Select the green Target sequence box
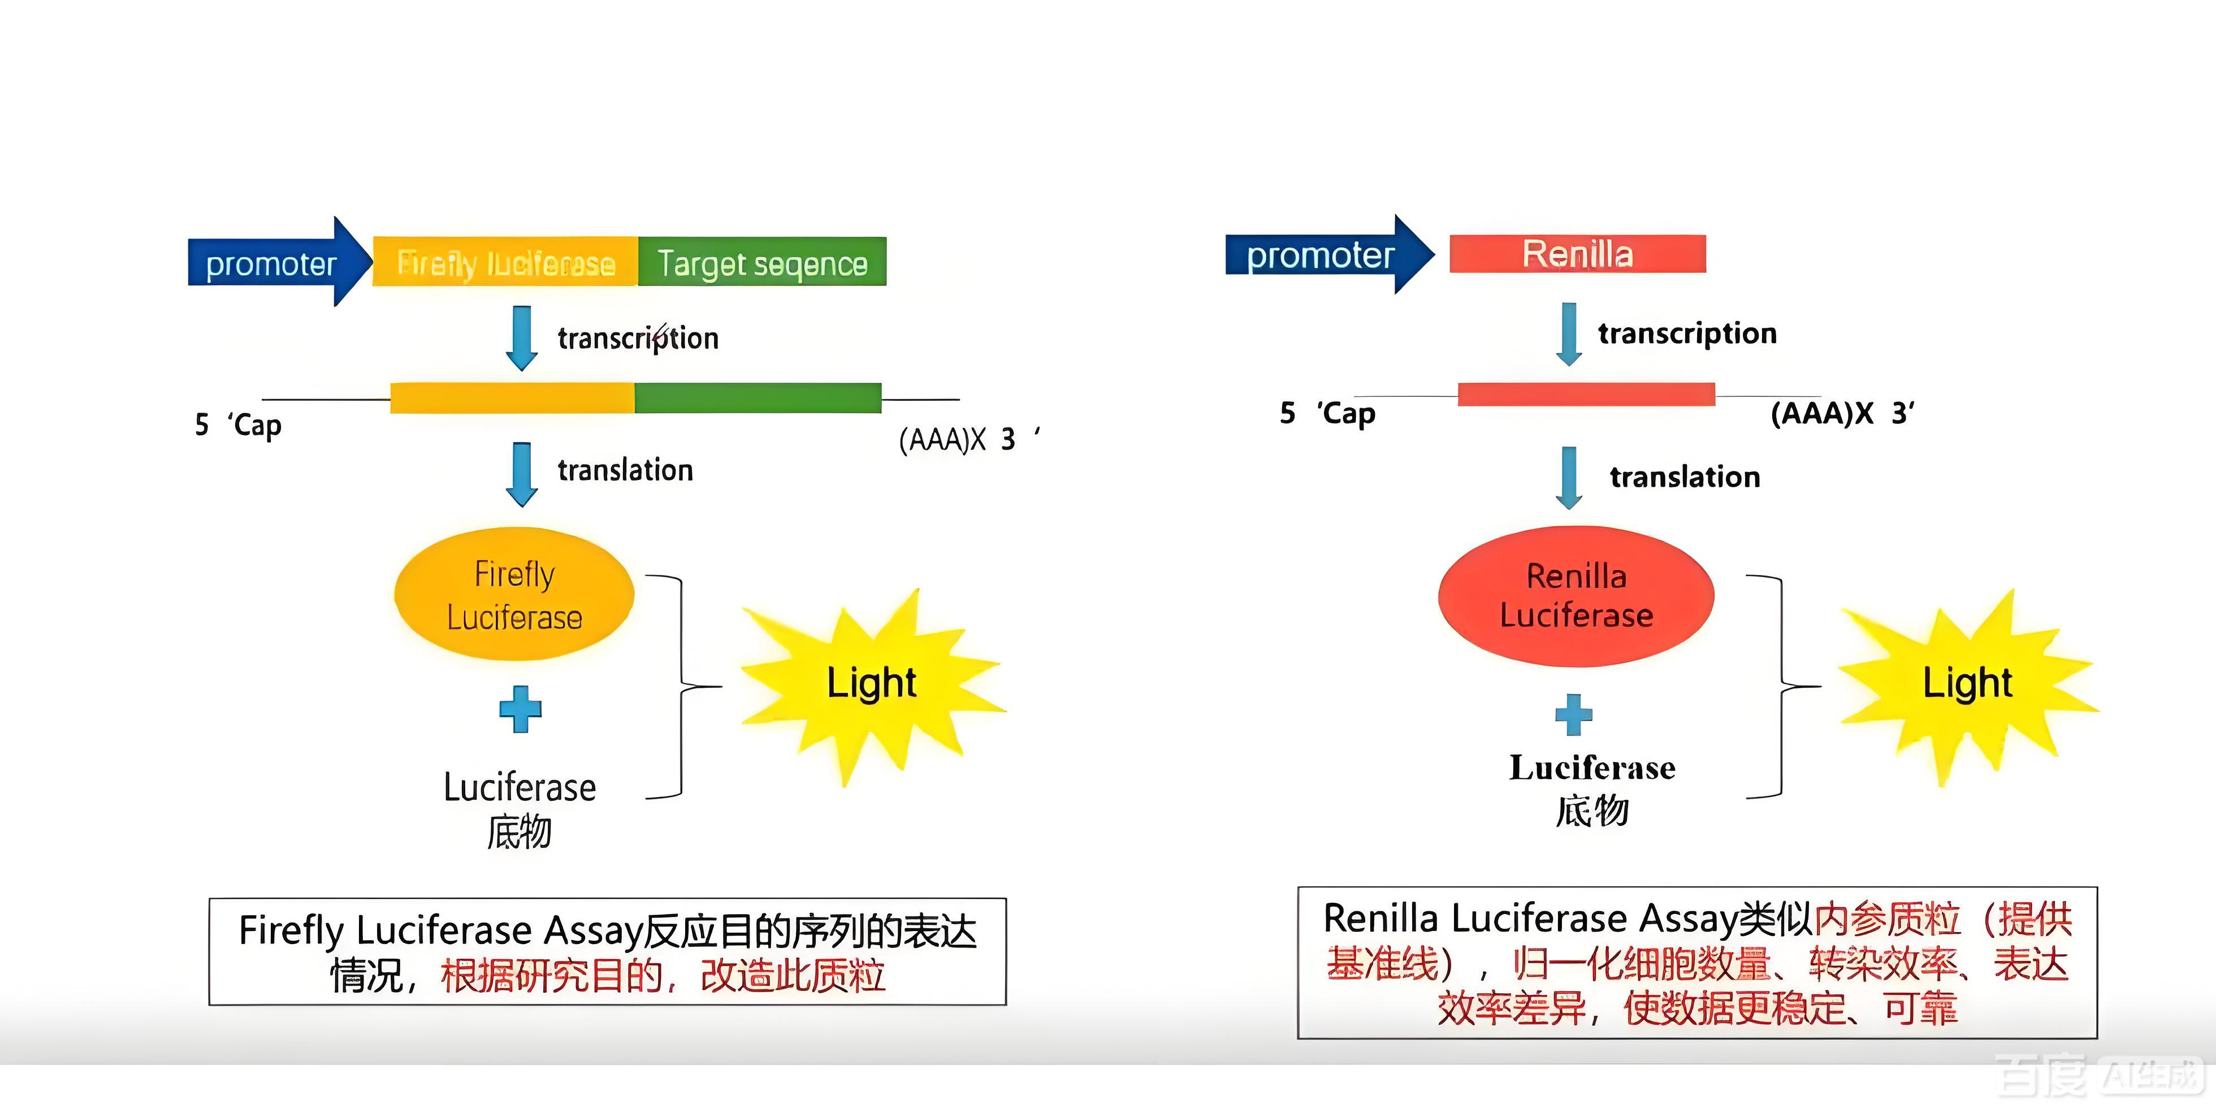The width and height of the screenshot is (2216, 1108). (x=762, y=262)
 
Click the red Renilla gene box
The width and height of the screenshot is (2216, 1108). (x=1577, y=254)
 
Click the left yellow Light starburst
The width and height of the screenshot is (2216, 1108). (x=871, y=684)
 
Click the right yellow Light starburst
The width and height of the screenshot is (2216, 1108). (x=1967, y=684)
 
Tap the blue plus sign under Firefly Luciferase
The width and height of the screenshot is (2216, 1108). (x=521, y=709)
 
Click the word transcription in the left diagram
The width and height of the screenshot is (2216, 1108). (x=638, y=338)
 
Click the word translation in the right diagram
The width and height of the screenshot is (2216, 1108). (x=1685, y=477)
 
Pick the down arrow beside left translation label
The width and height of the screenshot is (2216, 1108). (x=521, y=473)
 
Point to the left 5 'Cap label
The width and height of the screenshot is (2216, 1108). (x=239, y=424)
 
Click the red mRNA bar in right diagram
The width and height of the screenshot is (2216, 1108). (x=1586, y=394)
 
